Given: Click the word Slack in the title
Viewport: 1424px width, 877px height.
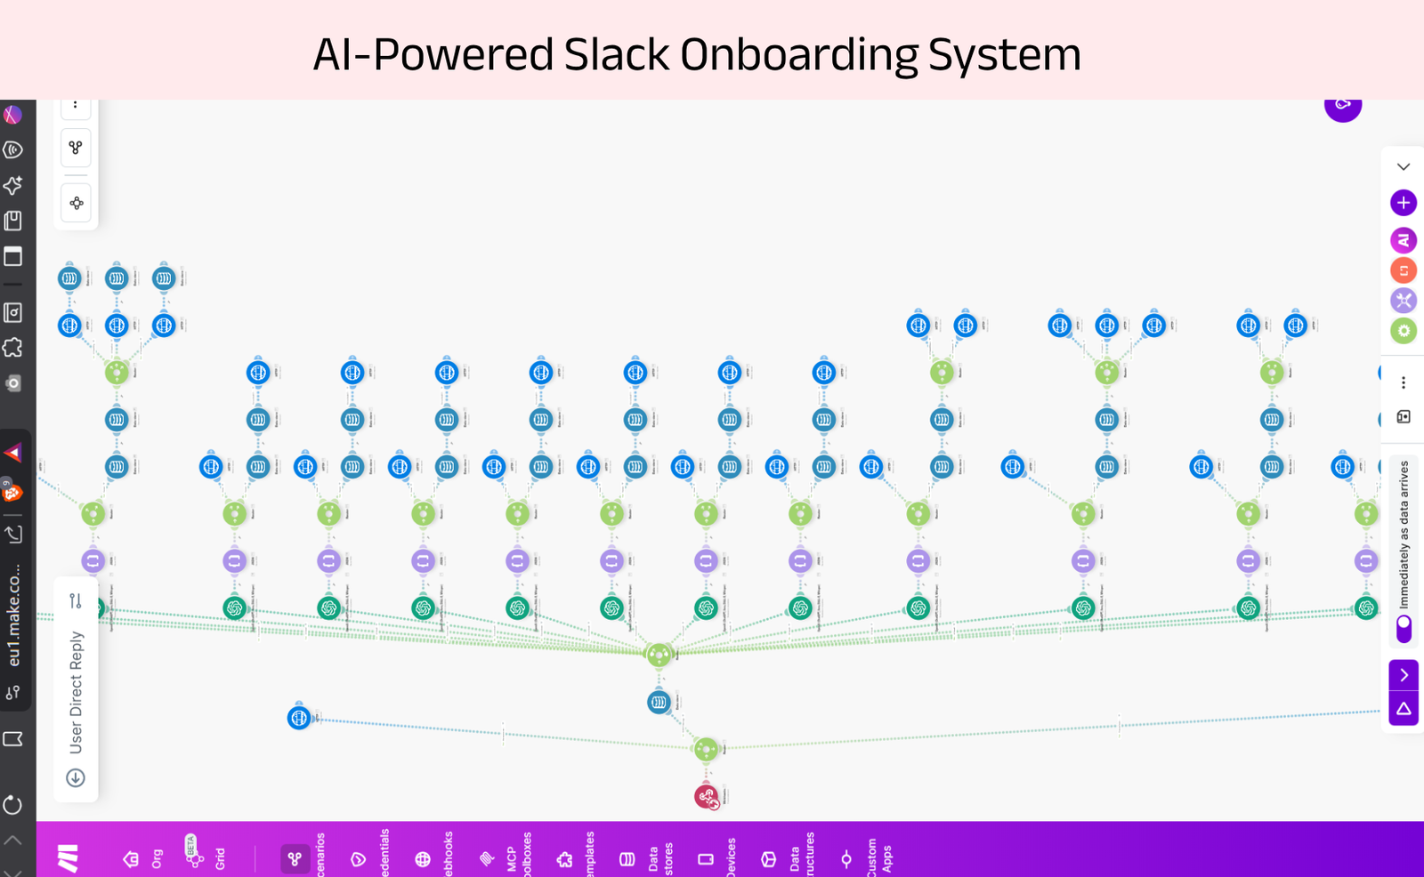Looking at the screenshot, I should click(616, 55).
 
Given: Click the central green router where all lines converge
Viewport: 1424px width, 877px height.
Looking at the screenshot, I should click(659, 656).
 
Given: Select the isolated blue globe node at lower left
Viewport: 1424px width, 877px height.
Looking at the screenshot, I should click(299, 717).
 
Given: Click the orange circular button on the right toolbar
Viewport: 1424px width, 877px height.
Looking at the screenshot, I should click(1404, 270).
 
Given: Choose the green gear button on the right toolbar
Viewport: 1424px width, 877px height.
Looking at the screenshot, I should click(1404, 331).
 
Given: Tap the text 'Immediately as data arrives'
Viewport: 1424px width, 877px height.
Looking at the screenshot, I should click(1404, 534).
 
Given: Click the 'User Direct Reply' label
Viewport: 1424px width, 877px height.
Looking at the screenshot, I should click(77, 692).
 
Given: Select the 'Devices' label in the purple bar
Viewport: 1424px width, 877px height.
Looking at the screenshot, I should click(731, 857).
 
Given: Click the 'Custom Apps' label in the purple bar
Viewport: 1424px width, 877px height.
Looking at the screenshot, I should click(879, 857).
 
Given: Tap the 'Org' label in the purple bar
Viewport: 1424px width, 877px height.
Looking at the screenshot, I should click(157, 858).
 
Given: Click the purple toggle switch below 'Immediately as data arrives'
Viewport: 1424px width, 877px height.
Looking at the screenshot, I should click(1404, 628).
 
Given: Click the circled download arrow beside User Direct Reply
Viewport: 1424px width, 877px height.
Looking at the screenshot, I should click(76, 778).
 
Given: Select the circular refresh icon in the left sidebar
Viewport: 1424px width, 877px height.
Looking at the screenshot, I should click(12, 805).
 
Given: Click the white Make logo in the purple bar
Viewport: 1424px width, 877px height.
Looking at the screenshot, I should click(68, 858).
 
